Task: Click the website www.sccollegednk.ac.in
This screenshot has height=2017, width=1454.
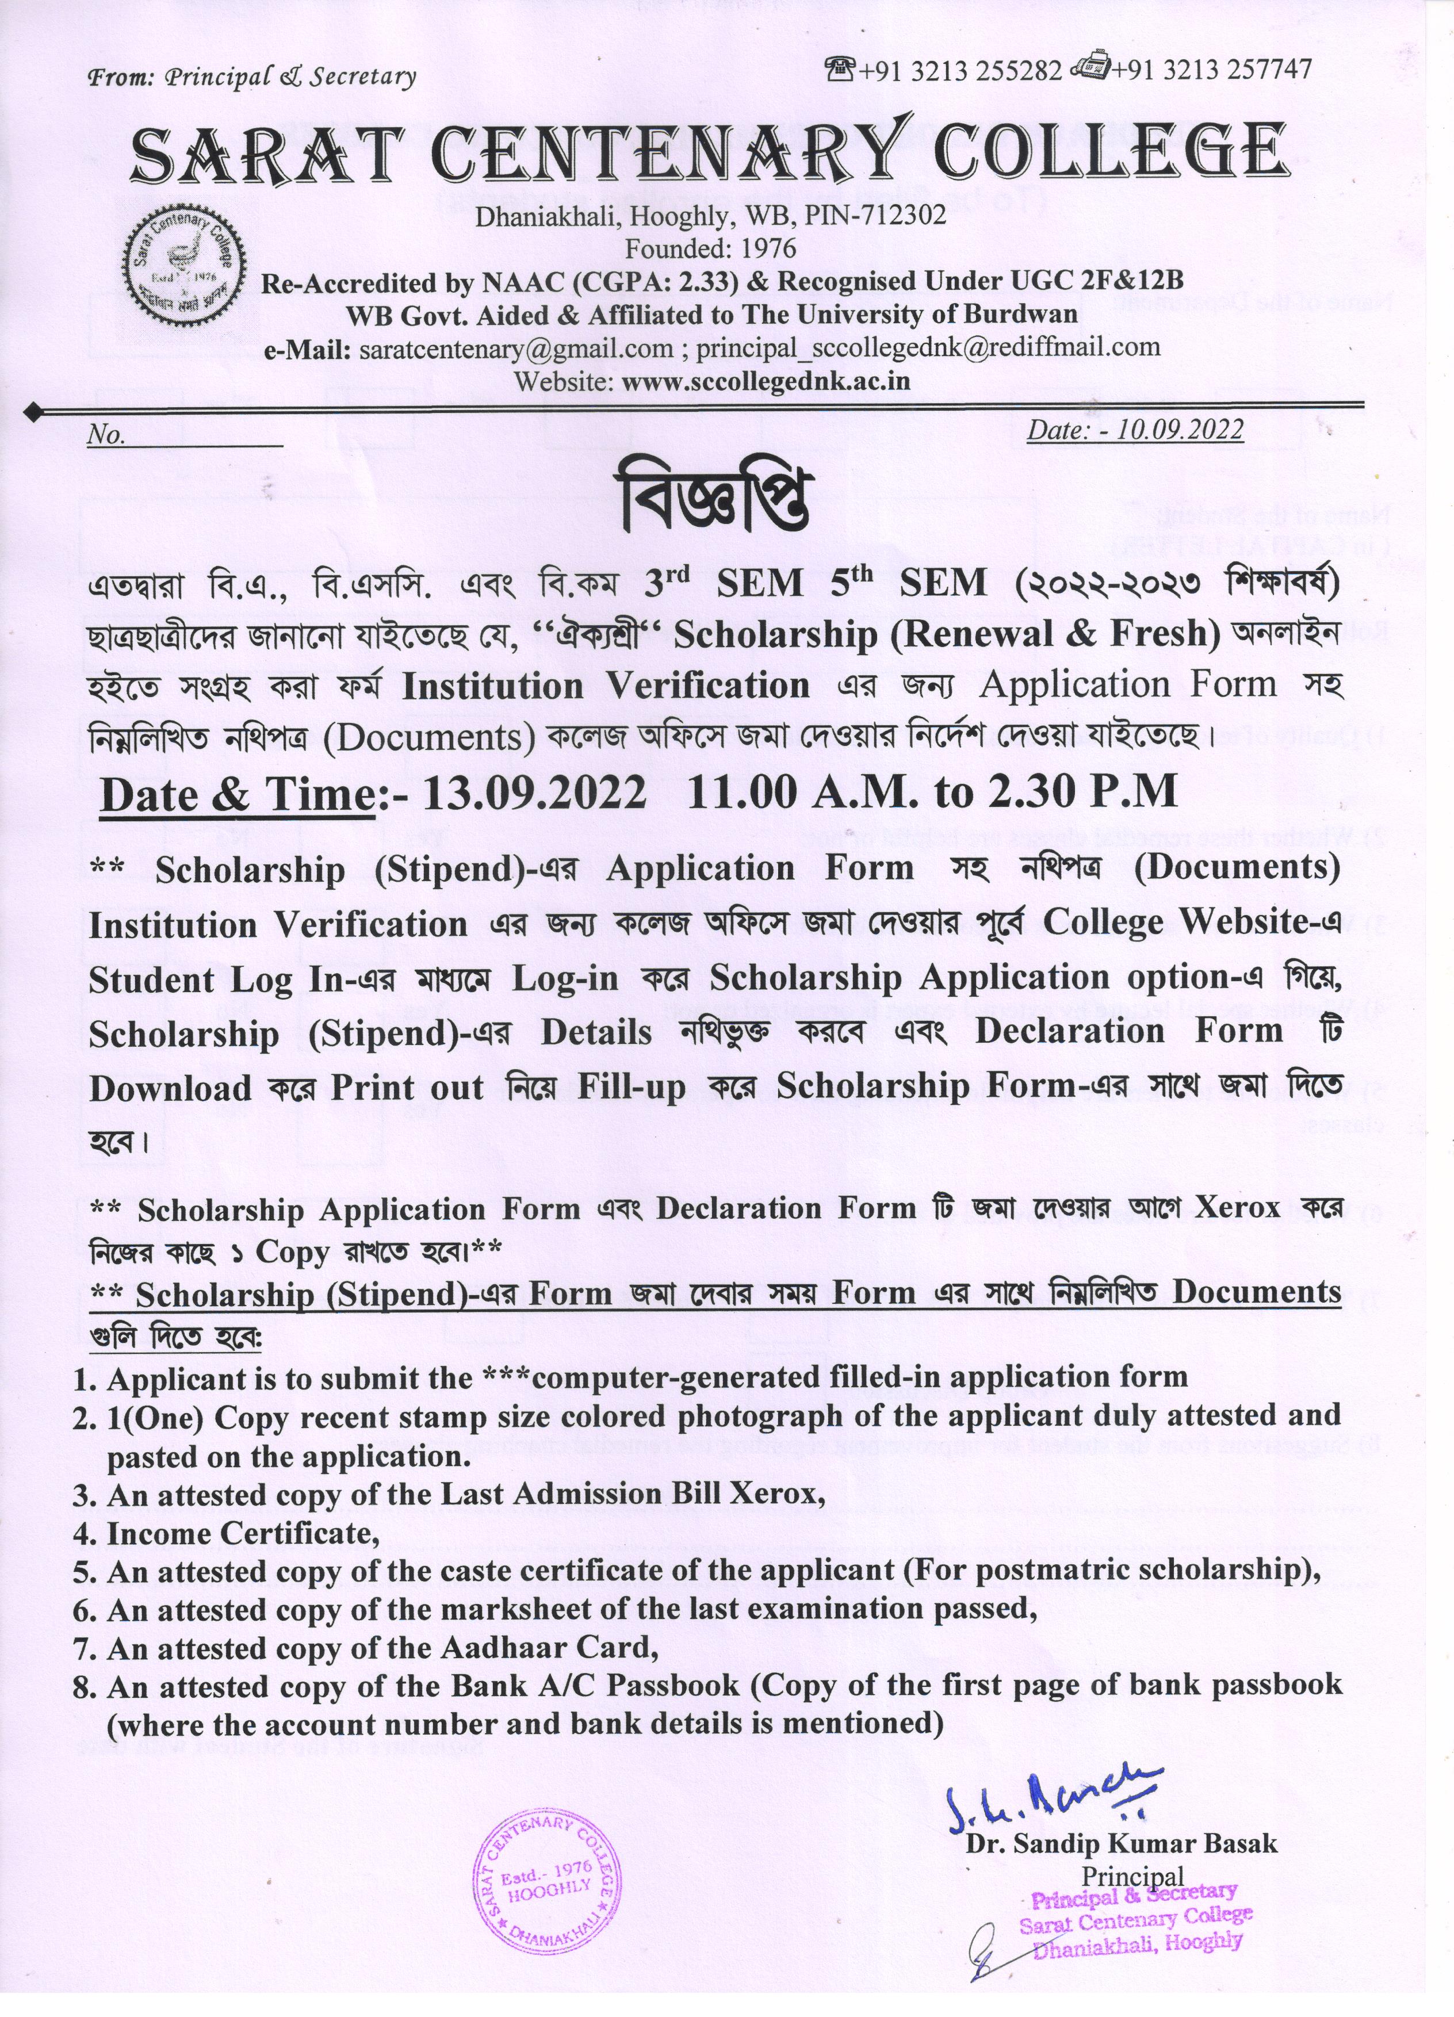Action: pyautogui.click(x=766, y=381)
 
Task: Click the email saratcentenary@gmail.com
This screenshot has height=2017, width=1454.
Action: pyautogui.click(x=516, y=348)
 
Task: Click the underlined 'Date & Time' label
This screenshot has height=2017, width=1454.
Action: pyautogui.click(x=236, y=793)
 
